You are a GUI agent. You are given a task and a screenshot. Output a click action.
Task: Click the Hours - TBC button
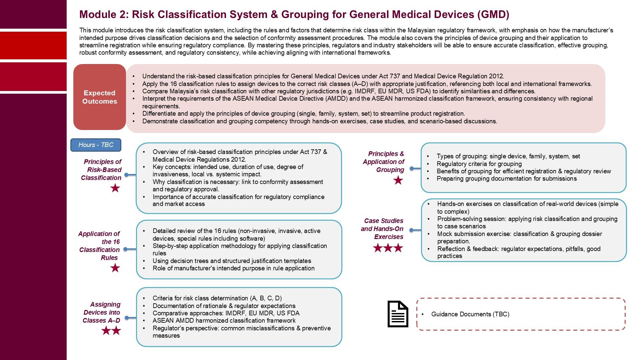coord(96,145)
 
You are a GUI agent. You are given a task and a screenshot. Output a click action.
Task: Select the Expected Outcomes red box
coord(100,97)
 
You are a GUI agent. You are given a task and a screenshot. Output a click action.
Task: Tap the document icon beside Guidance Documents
coord(398,314)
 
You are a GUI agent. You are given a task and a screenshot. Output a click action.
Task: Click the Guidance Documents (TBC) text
coord(470,314)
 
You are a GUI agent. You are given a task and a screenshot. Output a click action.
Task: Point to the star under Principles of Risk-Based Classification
coord(115,188)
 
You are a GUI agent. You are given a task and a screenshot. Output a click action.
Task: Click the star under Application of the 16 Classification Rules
coord(115,268)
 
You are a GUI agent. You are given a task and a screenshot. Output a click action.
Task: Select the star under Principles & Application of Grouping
coord(398,181)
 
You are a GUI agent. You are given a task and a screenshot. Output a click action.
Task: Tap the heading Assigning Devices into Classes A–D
coord(102,312)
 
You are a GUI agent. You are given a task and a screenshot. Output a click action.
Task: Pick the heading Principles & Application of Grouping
coord(384,162)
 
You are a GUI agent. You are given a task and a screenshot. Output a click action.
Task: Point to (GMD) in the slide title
coord(493,15)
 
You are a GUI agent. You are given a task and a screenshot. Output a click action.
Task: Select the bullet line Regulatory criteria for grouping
coord(479,164)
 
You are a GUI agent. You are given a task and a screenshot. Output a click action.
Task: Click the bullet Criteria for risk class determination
coord(217,298)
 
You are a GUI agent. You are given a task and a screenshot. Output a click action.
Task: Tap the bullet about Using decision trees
coord(232,261)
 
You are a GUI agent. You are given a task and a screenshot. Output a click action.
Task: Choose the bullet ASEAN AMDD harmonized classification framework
coord(224,321)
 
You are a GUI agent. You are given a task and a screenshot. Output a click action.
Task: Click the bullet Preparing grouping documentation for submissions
coord(506,179)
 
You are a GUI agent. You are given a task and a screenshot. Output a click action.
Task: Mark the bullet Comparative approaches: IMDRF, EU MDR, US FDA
coord(226,313)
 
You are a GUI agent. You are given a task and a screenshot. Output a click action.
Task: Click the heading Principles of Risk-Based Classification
coord(102,170)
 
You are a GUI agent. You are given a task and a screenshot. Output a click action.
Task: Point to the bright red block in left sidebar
coord(33,45)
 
